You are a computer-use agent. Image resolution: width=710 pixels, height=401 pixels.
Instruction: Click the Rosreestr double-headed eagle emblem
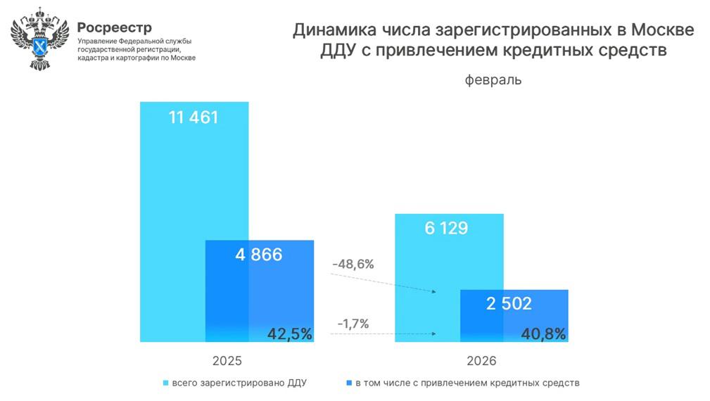pos(39,42)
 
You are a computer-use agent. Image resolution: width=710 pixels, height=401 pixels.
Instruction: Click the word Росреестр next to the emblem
pos(114,27)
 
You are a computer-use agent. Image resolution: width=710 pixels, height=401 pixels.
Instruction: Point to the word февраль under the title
pos(493,79)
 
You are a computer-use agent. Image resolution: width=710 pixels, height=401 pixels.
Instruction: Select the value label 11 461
pos(194,117)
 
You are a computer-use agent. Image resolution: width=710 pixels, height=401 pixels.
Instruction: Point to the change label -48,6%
pos(354,265)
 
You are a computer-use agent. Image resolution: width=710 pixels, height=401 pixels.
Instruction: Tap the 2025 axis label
pos(227,360)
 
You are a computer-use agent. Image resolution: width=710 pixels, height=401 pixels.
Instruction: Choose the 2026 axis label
pos(481,360)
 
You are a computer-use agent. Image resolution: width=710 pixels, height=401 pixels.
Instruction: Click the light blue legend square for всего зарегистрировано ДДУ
pos(166,383)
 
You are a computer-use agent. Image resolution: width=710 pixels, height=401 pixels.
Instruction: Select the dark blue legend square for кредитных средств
pos(350,383)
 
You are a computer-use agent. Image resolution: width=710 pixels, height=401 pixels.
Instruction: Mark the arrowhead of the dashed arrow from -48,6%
pos(433,291)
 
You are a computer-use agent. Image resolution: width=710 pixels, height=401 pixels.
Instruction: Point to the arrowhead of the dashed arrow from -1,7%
pos(433,333)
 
